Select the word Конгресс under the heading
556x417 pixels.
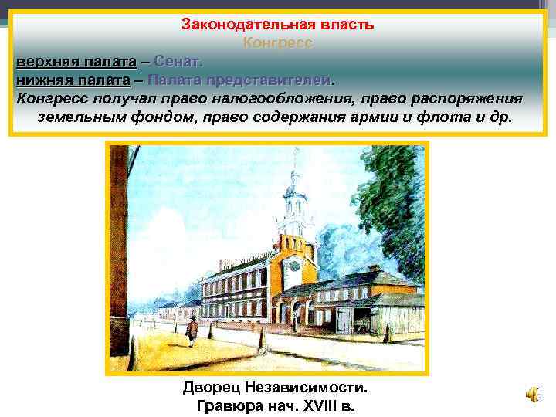(278, 43)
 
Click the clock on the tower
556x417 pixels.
(294, 264)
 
